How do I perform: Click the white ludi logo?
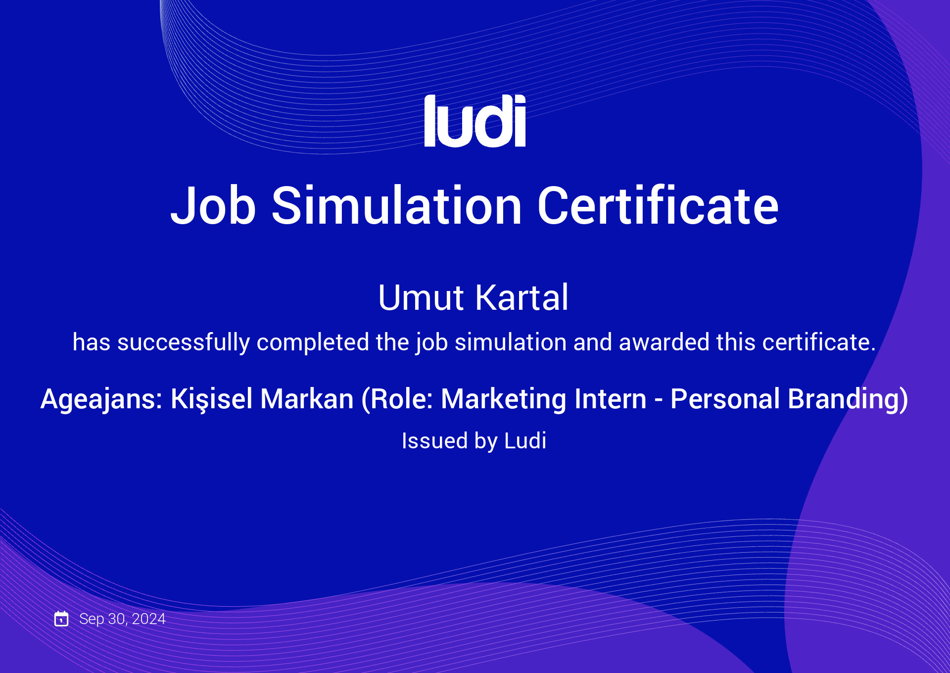[x=475, y=121]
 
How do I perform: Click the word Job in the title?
[x=213, y=205]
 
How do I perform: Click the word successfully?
[x=184, y=343]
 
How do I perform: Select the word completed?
[x=313, y=342]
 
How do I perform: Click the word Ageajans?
[x=101, y=399]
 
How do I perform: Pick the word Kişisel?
[x=212, y=399]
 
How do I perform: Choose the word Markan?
[x=307, y=399]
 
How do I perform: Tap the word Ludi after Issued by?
[x=525, y=440]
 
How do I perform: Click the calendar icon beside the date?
[x=61, y=619]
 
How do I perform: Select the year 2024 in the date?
[x=149, y=619]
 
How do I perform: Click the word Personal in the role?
[x=725, y=399]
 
